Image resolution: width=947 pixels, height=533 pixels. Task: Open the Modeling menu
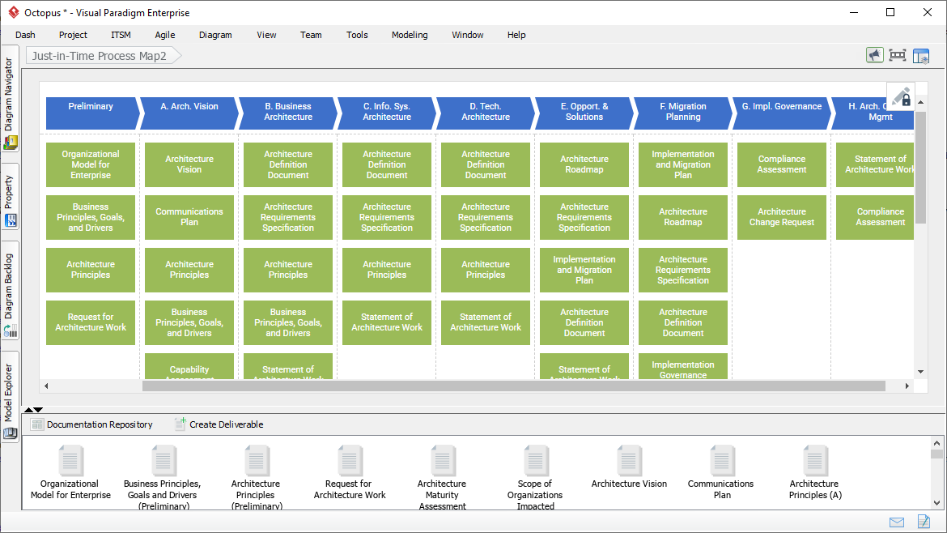(x=410, y=35)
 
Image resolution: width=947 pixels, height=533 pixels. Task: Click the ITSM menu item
(x=121, y=35)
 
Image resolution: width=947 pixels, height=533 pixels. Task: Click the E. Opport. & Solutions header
(x=584, y=113)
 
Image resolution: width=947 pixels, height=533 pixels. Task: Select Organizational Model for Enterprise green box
(x=91, y=164)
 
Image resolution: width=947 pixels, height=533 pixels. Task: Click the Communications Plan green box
(x=189, y=217)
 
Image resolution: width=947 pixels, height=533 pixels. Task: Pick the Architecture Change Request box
(x=782, y=217)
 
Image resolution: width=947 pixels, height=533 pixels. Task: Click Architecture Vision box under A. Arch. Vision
(x=189, y=164)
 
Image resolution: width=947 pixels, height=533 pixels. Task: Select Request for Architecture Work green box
(x=91, y=322)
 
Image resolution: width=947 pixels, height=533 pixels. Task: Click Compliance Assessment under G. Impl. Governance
(x=782, y=164)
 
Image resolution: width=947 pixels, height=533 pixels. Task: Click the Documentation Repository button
(x=91, y=424)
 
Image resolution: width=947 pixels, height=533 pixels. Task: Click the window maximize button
(x=890, y=12)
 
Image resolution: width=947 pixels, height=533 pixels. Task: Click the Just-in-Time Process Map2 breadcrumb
(x=100, y=56)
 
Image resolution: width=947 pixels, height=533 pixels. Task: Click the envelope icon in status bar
(x=897, y=522)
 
